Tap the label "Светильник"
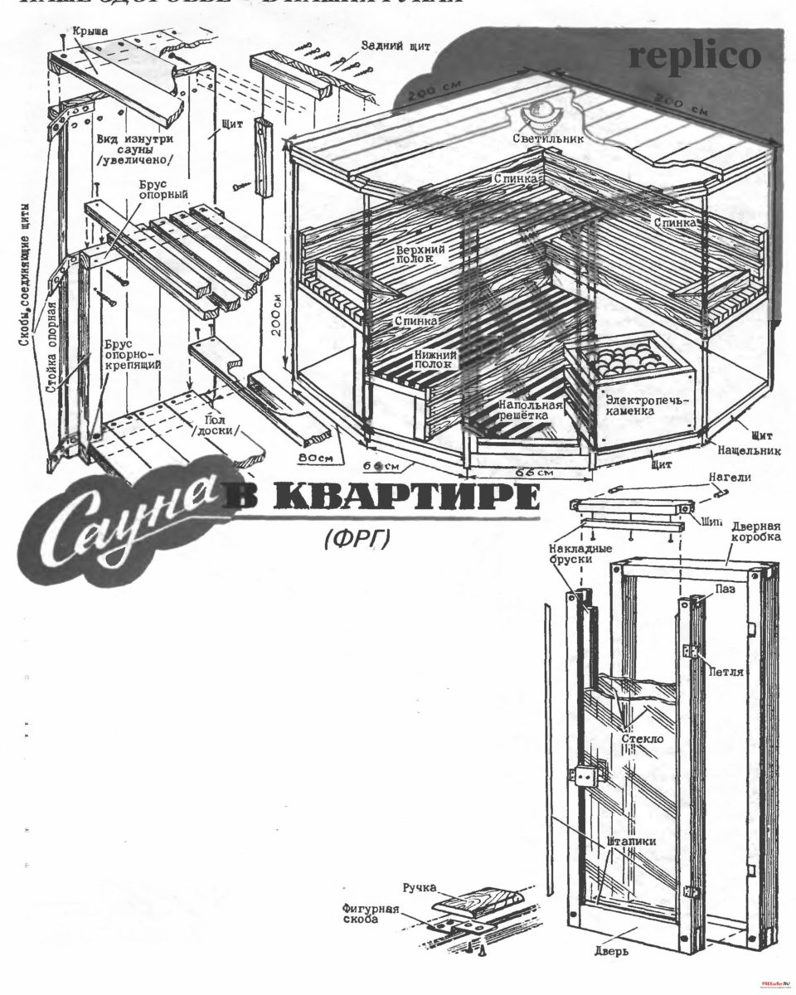[547, 138]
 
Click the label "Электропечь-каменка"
[635, 404]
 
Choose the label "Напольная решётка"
[530, 410]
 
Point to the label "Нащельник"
[747, 449]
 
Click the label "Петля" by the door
[726, 671]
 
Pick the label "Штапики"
[632, 841]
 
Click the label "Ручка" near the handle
[420, 888]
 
